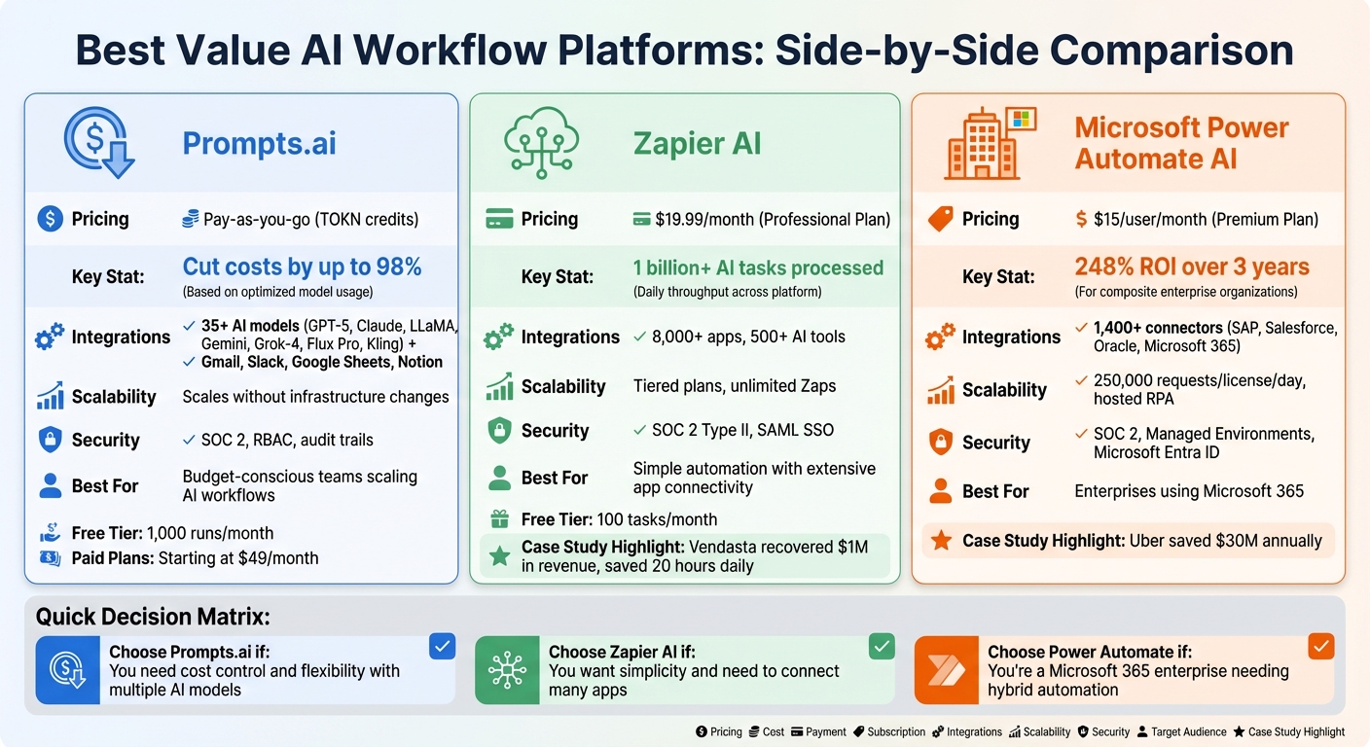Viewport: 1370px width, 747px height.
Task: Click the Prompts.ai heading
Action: point(259,144)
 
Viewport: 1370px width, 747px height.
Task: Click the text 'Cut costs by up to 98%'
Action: point(302,267)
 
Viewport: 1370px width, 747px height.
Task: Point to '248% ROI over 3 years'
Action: point(1192,267)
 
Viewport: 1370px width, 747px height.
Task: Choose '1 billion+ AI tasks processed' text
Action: point(758,267)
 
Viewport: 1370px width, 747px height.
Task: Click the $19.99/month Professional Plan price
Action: point(761,219)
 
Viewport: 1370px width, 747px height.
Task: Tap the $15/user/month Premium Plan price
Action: point(1196,219)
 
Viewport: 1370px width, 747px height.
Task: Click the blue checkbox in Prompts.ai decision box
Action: point(442,646)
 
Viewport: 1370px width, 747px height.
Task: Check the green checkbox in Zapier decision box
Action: point(882,646)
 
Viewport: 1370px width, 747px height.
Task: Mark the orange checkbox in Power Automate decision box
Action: point(1320,646)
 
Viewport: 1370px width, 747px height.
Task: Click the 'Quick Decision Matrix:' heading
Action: point(153,617)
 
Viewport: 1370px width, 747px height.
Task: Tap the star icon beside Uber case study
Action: point(941,540)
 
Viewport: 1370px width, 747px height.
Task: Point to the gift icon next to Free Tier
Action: point(499,519)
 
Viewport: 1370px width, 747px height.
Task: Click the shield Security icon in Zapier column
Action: point(499,430)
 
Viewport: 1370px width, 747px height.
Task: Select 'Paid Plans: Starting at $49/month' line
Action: point(195,558)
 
